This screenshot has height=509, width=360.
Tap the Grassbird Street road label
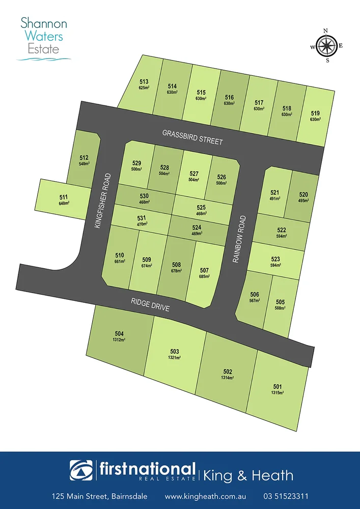click(192, 137)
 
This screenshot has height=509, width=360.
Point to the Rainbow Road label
click(239, 239)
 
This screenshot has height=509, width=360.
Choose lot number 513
click(144, 81)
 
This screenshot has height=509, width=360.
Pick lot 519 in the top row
click(316, 113)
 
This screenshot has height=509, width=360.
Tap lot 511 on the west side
click(64, 197)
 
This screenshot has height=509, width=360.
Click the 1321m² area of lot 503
click(175, 358)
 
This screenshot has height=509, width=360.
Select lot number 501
click(277, 386)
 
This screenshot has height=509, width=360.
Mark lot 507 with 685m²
click(204, 270)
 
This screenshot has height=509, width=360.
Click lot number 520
click(303, 194)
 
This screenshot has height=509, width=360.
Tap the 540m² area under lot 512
click(84, 164)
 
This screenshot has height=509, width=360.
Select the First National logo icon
click(81, 470)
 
